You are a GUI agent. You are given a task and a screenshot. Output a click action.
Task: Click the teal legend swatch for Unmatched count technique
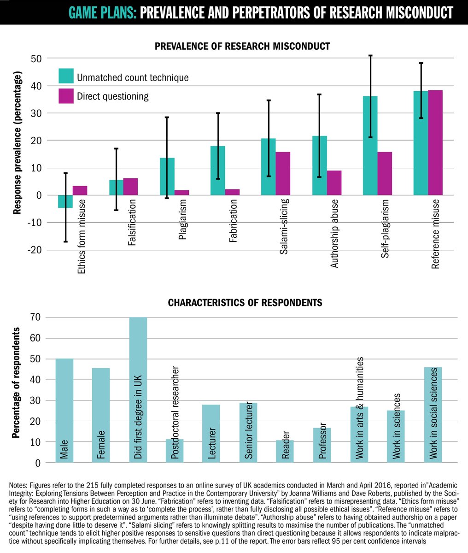click(66, 76)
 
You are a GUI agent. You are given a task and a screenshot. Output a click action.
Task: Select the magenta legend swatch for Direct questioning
click(66, 96)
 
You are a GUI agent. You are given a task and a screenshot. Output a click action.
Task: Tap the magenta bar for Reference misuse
click(435, 143)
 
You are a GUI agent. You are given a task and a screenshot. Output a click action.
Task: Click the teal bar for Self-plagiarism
click(370, 146)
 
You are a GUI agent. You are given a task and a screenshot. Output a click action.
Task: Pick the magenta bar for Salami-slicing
click(283, 173)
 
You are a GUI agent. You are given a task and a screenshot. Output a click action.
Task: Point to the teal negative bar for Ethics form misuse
click(65, 201)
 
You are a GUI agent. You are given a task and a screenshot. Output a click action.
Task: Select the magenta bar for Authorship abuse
click(334, 182)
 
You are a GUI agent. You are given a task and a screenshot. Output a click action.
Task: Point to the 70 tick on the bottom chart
click(35, 317)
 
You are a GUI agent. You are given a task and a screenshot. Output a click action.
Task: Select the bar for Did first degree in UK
click(138, 389)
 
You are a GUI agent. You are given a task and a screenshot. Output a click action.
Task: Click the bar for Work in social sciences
click(433, 415)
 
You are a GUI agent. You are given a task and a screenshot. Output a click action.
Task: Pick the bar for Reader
click(285, 451)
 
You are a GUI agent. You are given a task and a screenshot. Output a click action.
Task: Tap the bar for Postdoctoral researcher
click(175, 450)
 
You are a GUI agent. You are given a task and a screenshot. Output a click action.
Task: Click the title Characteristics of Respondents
click(245, 303)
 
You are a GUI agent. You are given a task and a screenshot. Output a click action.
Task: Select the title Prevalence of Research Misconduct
click(242, 46)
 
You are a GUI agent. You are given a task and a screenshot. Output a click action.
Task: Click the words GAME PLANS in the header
click(99, 12)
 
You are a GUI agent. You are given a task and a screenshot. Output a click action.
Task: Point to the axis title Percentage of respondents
click(17, 382)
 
